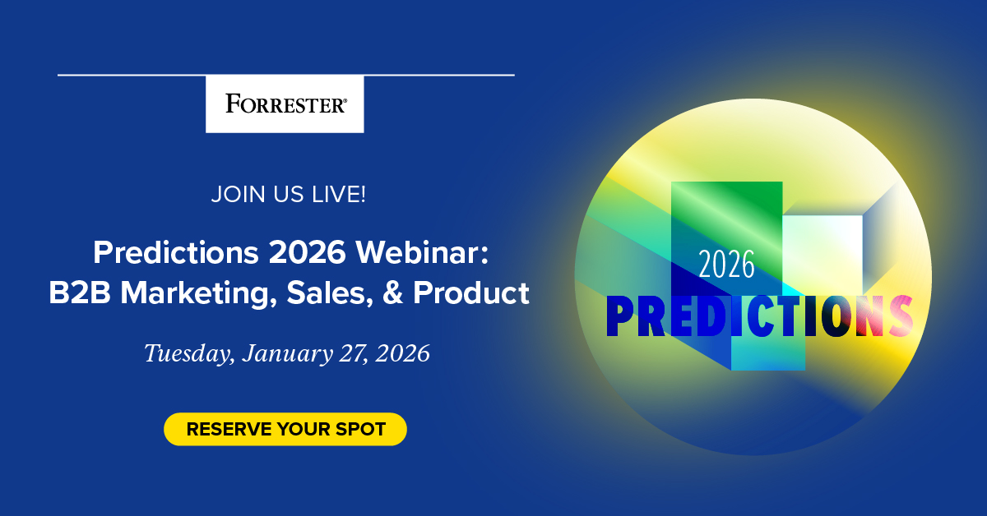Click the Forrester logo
285,104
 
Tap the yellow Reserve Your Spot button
285,429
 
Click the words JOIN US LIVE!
288,196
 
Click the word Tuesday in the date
181,354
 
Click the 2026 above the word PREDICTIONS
727,265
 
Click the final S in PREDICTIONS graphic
901,316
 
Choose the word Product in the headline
471,293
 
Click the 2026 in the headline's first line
306,251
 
